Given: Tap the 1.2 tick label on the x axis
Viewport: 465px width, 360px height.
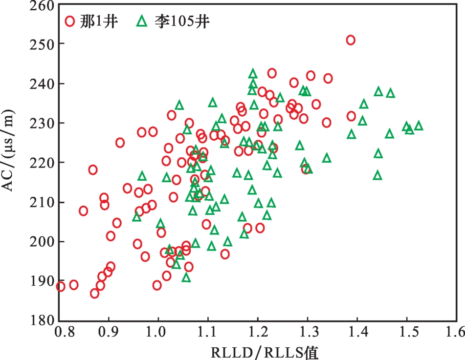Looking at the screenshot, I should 258,334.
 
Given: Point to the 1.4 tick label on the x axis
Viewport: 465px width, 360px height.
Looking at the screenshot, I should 357,334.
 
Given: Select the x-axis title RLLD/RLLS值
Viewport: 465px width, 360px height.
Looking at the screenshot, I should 258,351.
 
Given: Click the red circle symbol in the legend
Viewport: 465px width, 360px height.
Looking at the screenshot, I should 70,21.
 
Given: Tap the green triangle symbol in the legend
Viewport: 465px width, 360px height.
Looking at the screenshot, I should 142,21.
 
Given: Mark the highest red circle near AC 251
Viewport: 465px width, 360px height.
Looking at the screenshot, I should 351,40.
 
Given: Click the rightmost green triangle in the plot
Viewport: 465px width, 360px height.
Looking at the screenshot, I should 419,126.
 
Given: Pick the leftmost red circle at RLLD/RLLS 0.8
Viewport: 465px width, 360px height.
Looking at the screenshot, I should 60,287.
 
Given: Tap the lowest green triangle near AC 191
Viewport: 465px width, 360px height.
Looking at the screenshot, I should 186,277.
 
